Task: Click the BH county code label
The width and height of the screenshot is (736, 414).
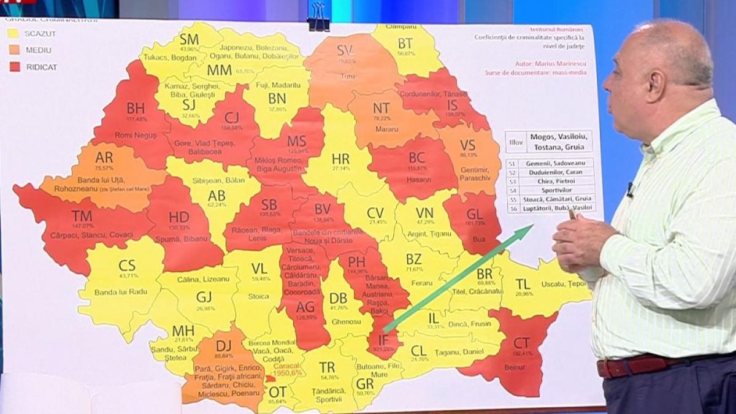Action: pyautogui.click(x=136, y=108)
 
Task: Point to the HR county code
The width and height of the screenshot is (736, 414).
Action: pyautogui.click(x=340, y=159)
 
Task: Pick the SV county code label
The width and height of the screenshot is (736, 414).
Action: pyautogui.click(x=345, y=52)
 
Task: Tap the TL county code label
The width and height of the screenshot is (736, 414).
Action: pyautogui.click(x=523, y=284)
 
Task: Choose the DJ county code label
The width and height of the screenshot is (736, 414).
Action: pyautogui.click(x=224, y=346)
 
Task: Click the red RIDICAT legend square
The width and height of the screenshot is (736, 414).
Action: pyautogui.click(x=14, y=67)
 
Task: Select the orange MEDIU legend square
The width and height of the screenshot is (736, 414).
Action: pyautogui.click(x=14, y=50)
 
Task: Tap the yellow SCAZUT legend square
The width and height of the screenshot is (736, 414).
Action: pyautogui.click(x=14, y=33)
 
